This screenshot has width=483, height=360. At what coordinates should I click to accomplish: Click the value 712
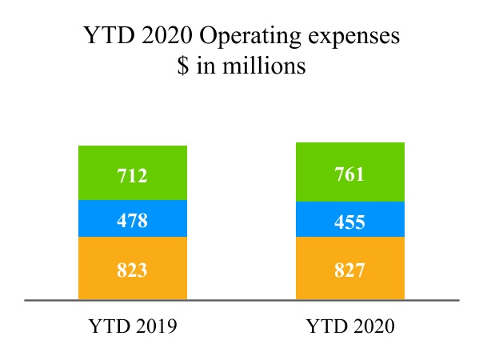pyautogui.click(x=132, y=174)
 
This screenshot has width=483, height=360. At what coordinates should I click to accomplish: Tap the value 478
pyautogui.click(x=132, y=220)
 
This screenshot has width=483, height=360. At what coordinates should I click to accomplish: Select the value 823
pyautogui.click(x=132, y=270)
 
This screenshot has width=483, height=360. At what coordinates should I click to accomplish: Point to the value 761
pyautogui.click(x=349, y=173)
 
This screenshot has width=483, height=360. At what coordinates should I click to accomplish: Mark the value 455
pyautogui.click(x=349, y=222)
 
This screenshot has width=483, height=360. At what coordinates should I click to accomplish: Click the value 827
pyautogui.click(x=349, y=270)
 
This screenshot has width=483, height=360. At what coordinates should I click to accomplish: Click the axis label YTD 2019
pyautogui.click(x=132, y=327)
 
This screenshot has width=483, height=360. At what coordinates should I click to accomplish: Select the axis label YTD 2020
pyautogui.click(x=350, y=327)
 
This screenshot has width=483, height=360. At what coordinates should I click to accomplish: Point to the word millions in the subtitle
pyautogui.click(x=267, y=66)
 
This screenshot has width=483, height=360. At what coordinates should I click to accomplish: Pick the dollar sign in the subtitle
pyautogui.click(x=183, y=66)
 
